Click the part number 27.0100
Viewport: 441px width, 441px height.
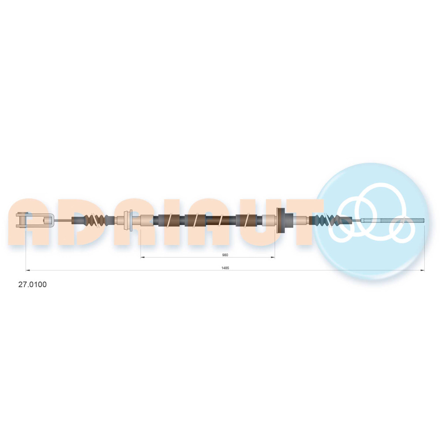point(32,284)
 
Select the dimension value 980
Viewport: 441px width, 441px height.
point(225,255)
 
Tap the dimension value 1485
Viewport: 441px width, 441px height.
point(225,268)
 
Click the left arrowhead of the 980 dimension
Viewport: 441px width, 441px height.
point(142,257)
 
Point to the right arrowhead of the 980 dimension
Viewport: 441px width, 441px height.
point(273,257)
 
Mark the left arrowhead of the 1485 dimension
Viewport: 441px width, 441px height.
point(28,270)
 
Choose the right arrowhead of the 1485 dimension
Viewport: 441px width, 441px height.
point(422,270)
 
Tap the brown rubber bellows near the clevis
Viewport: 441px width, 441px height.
point(96,220)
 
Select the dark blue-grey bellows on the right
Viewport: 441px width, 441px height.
point(326,220)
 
